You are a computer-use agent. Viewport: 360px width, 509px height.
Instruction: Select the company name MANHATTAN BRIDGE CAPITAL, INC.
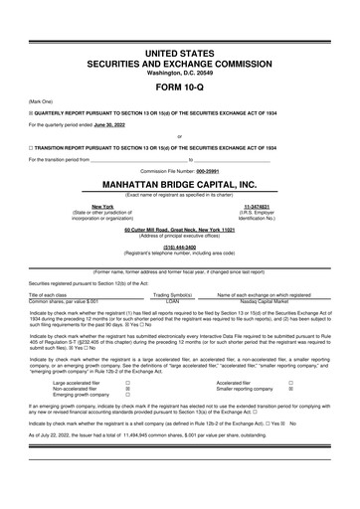(x=179, y=184)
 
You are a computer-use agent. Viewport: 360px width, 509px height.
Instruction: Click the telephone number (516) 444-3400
(x=179, y=248)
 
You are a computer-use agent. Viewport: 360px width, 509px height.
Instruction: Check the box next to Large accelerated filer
(x=128, y=381)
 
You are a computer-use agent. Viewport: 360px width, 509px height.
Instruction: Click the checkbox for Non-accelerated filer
(x=128, y=388)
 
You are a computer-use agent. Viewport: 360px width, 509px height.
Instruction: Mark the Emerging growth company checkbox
(x=128, y=395)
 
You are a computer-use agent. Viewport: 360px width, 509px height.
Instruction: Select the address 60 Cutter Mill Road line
(x=179, y=229)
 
